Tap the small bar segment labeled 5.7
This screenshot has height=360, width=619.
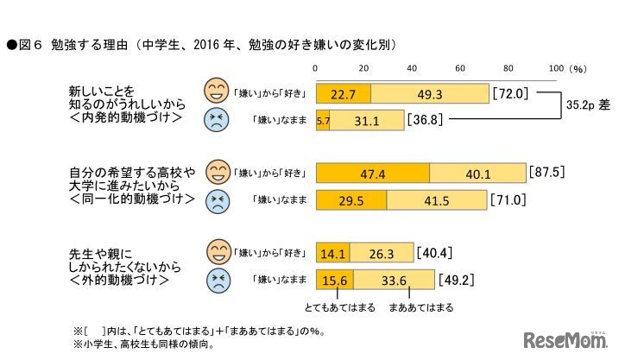323,121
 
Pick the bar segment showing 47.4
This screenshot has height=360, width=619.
373,173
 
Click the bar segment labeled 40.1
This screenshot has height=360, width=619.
477,173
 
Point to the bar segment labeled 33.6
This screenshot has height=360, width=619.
394,280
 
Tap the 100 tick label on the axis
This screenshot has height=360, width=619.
555,68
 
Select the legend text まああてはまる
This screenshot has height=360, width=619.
420,306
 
